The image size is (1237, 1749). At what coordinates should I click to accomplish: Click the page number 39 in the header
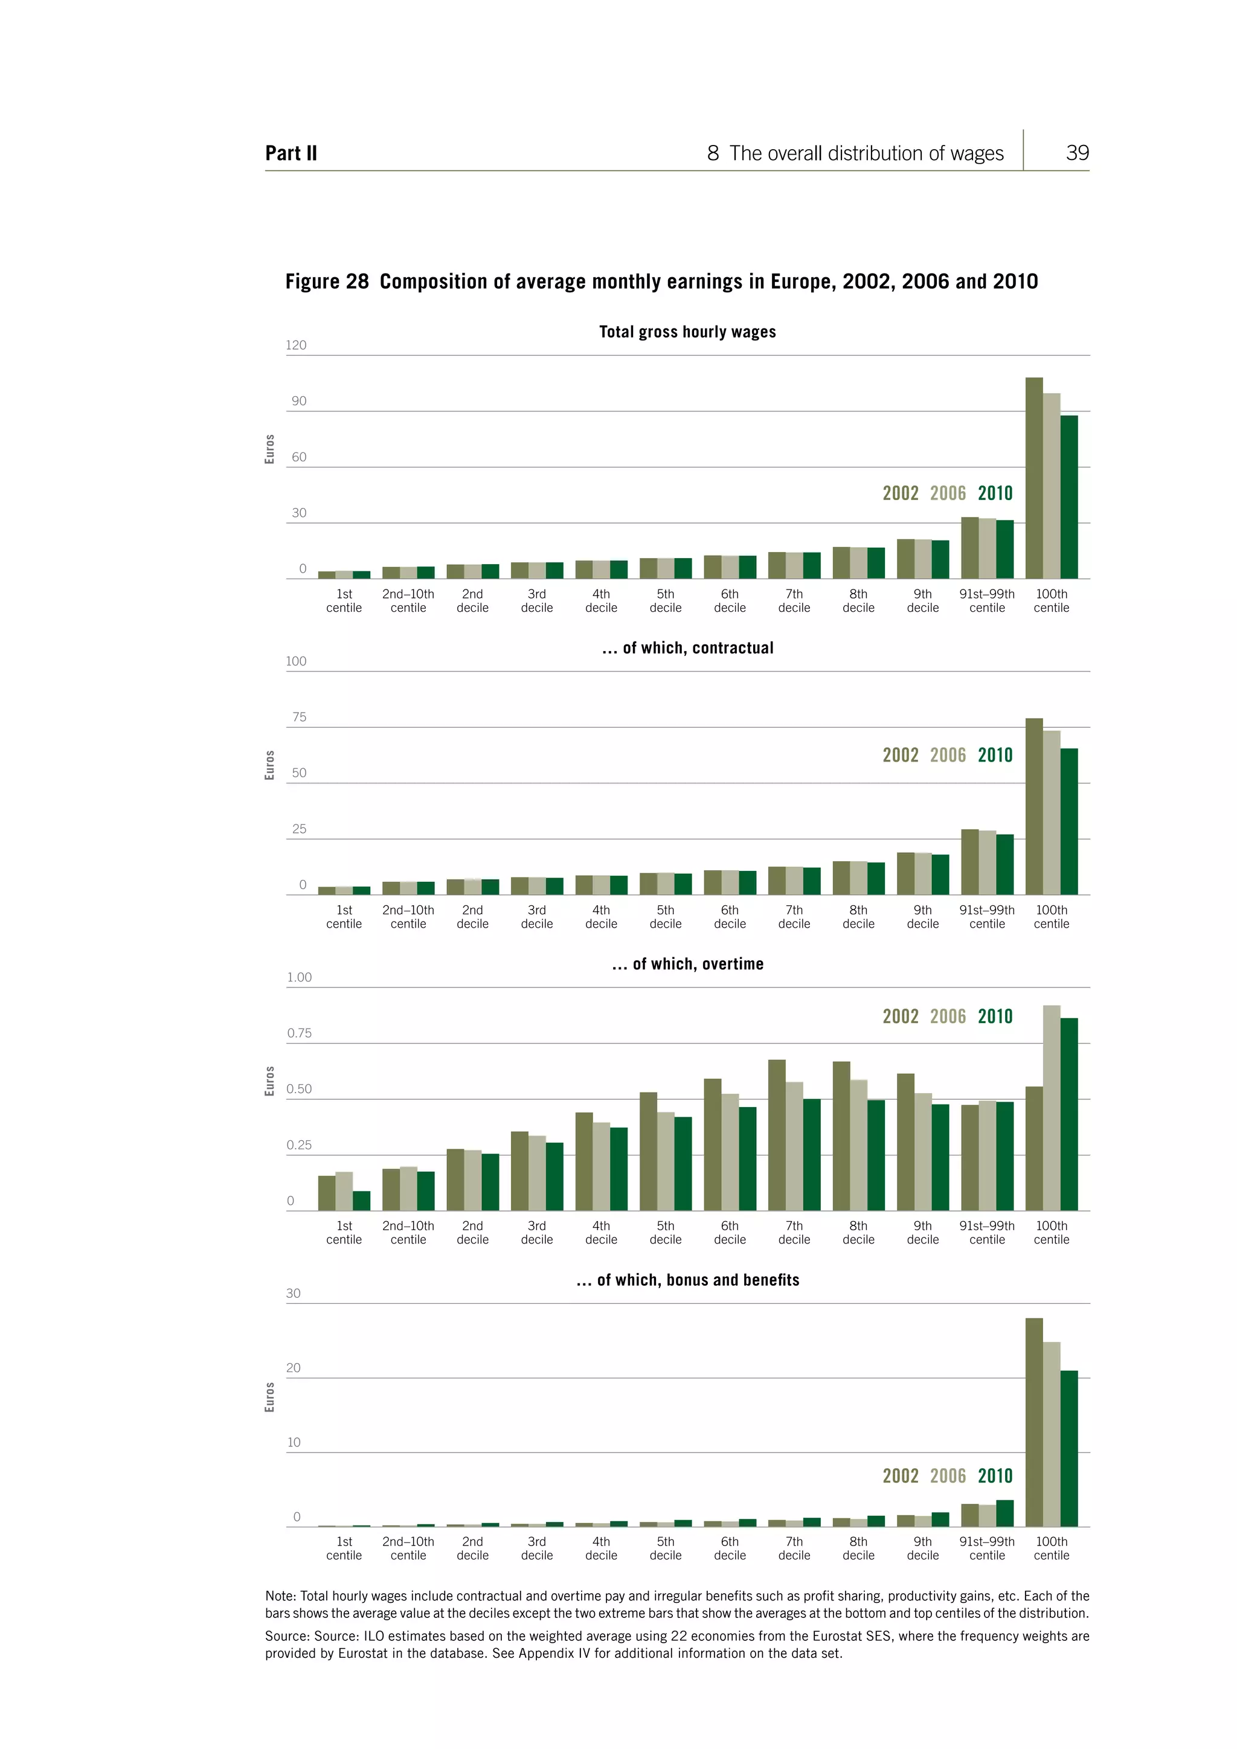(x=1076, y=153)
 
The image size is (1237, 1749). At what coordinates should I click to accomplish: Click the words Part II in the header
(x=291, y=154)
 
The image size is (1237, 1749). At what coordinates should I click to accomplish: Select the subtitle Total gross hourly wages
(x=687, y=332)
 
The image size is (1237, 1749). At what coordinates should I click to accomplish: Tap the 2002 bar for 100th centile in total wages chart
(x=1033, y=478)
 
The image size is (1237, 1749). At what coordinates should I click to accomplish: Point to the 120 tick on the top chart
(x=297, y=345)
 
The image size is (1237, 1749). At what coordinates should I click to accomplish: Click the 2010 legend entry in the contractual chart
(x=995, y=755)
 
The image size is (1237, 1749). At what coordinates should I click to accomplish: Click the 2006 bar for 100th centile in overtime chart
(x=1051, y=1108)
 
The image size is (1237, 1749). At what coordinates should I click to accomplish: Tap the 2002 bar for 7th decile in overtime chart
(x=776, y=1135)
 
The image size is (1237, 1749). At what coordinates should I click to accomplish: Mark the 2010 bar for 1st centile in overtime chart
(x=361, y=1201)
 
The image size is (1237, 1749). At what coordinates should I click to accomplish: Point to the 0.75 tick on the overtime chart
(x=298, y=1033)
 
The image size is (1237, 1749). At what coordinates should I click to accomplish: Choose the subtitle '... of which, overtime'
(x=687, y=964)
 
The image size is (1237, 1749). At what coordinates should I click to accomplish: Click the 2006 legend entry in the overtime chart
(x=948, y=1016)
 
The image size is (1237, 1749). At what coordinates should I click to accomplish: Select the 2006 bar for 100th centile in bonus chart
(x=1051, y=1434)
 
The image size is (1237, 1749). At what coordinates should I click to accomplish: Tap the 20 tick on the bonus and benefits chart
(x=294, y=1367)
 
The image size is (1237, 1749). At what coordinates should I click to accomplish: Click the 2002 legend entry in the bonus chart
(x=901, y=1475)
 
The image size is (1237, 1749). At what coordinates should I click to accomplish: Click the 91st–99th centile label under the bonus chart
(x=986, y=1548)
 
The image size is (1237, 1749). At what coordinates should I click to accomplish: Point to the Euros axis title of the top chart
(x=269, y=449)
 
